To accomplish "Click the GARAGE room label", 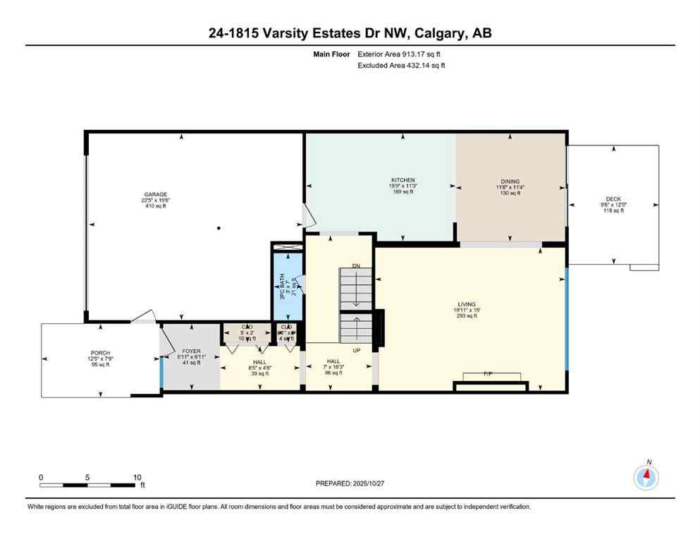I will click(x=156, y=194).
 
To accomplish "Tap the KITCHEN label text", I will click(x=403, y=180).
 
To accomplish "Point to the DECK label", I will click(x=611, y=200).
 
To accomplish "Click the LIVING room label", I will click(x=466, y=304).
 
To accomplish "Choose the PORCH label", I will click(x=99, y=353).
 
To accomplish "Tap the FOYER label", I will click(x=191, y=351).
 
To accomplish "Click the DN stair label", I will click(x=356, y=266).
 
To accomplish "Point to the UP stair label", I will click(x=357, y=349).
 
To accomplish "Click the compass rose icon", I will click(x=646, y=478).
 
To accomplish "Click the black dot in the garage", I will click(x=219, y=228).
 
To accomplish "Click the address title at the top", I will click(x=350, y=33).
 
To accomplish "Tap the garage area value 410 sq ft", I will click(x=156, y=206).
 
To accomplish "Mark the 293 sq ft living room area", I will click(x=466, y=316).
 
